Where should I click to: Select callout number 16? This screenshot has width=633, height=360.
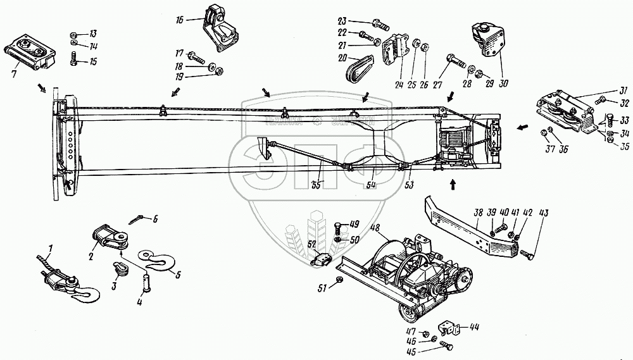point(180,21)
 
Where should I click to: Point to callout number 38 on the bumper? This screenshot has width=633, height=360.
point(479,213)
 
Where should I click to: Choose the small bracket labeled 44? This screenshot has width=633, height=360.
point(451,328)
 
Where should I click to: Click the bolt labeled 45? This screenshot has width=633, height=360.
point(445,345)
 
